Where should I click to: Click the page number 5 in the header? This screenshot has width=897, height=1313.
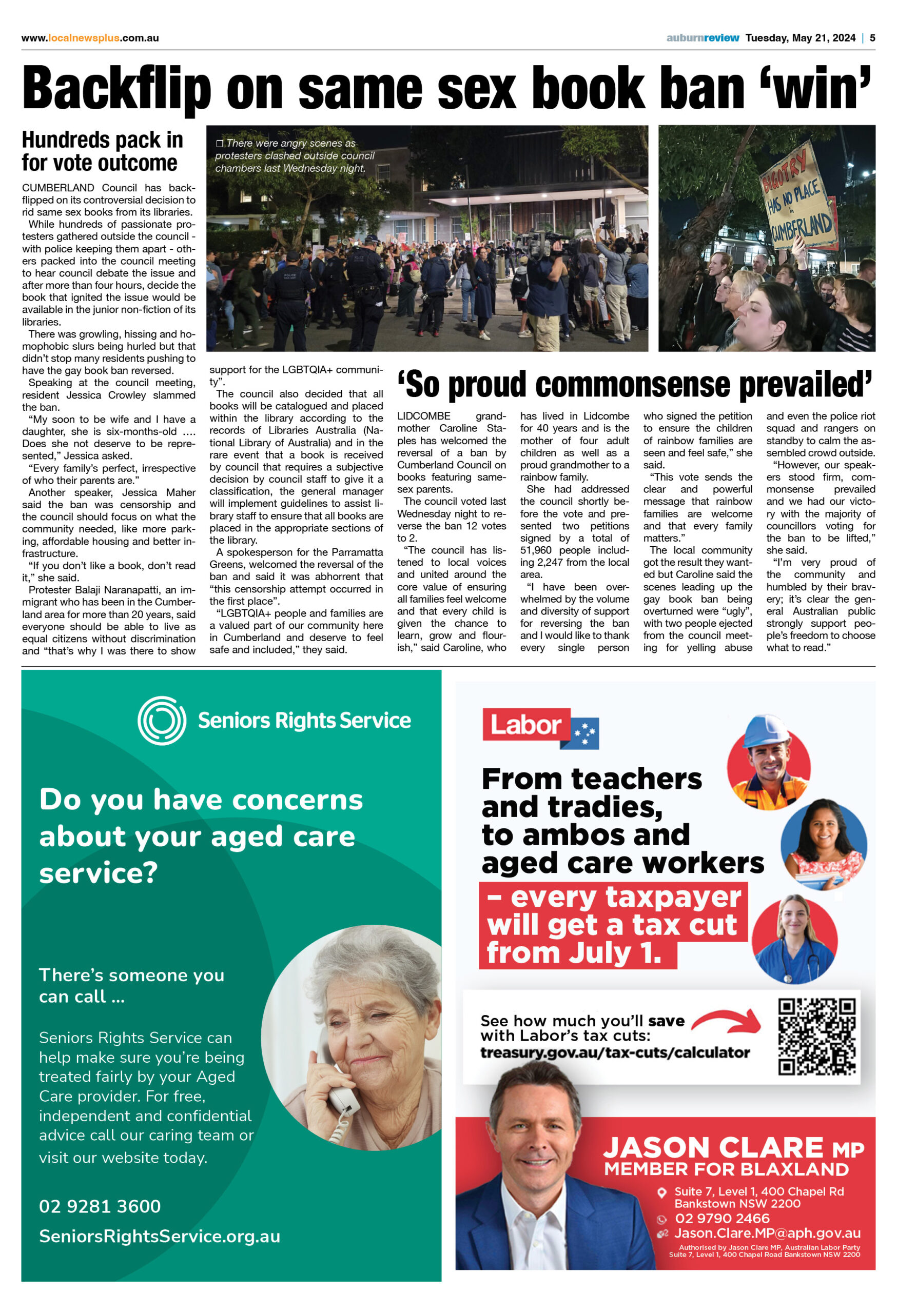coord(872,38)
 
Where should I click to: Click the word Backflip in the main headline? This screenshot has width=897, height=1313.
coord(116,90)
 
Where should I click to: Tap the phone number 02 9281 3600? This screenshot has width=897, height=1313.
coord(100,1207)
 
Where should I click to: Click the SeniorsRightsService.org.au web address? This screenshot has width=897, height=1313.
coord(160,1237)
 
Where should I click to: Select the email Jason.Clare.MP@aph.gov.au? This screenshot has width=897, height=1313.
coord(767,1234)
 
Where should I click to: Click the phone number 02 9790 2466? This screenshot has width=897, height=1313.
coord(722,1218)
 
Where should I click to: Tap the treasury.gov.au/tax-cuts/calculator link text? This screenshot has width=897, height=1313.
coord(615,1052)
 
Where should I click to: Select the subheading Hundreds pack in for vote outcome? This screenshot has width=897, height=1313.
coord(102,151)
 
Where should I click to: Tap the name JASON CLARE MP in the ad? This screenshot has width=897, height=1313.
coord(733,1147)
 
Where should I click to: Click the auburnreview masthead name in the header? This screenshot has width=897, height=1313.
coord(702,38)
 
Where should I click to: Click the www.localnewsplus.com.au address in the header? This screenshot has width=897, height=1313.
coord(90,38)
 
